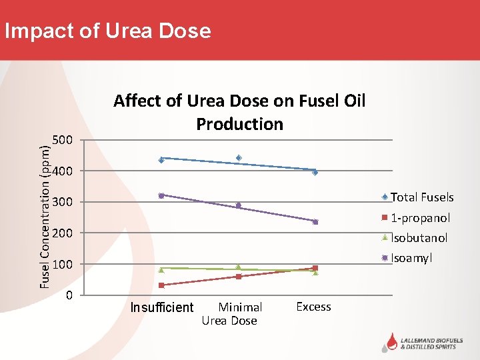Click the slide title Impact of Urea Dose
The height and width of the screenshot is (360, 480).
point(107,31)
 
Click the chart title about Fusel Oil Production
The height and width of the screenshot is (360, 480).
point(239,112)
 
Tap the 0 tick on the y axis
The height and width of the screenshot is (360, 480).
point(69,295)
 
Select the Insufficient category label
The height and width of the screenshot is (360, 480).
point(161,307)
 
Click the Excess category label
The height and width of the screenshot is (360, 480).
point(313,307)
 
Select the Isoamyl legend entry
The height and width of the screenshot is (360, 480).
point(411,258)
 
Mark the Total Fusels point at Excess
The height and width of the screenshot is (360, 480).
point(315,172)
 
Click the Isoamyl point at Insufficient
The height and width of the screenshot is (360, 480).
point(161,195)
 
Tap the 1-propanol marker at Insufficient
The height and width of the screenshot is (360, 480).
point(161,285)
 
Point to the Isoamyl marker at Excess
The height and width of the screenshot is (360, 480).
point(315,222)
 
